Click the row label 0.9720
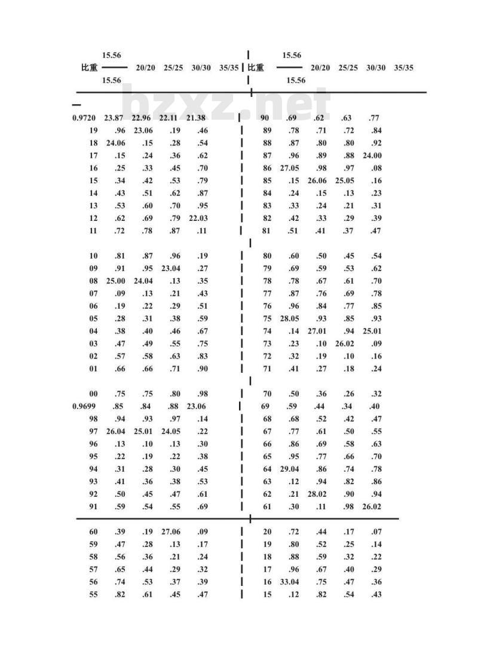pos(84,118)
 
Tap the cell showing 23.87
pos(114,118)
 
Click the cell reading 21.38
pos(197,118)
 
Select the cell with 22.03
pos(198,218)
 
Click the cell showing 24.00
pos(372,156)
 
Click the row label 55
pos(93,594)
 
